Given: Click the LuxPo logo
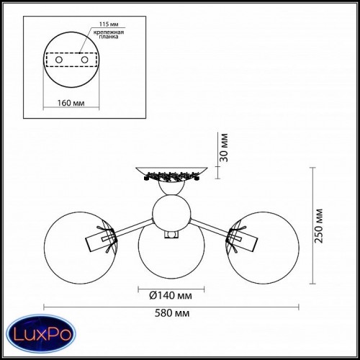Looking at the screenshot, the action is (x=41, y=334).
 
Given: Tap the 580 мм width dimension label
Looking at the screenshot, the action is (x=172, y=313).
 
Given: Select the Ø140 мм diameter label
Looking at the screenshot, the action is (x=171, y=295).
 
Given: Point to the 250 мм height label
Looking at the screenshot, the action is (x=319, y=226).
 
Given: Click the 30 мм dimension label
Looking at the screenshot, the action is (x=224, y=148).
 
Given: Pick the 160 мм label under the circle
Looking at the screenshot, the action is (x=71, y=103).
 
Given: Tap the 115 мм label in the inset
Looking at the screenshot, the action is (x=109, y=24).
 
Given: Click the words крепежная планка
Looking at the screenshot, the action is (x=109, y=35).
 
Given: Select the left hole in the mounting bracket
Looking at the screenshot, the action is (x=59, y=60).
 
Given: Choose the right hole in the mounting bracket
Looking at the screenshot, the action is (x=84, y=60).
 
